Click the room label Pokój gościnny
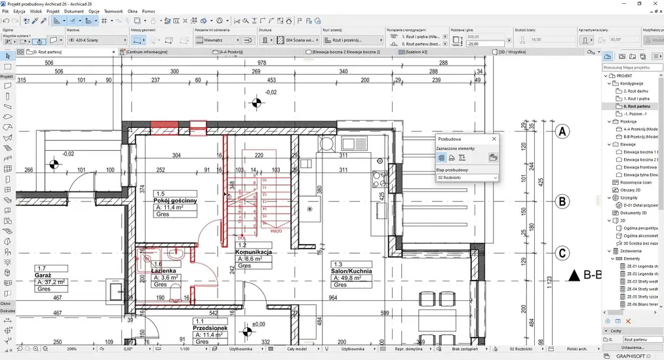(x=174, y=201)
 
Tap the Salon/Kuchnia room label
(x=352, y=271)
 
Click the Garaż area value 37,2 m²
(x=52, y=282)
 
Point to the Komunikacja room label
(x=254, y=252)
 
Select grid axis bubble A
(x=561, y=132)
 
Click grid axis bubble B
(x=561, y=201)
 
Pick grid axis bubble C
(x=561, y=253)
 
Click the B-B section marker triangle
(x=576, y=275)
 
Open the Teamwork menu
(x=113, y=11)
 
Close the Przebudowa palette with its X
(x=494, y=139)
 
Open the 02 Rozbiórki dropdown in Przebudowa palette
(x=467, y=178)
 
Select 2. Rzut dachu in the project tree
(x=636, y=90)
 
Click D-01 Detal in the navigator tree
(x=638, y=205)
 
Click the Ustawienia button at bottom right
(x=633, y=348)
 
